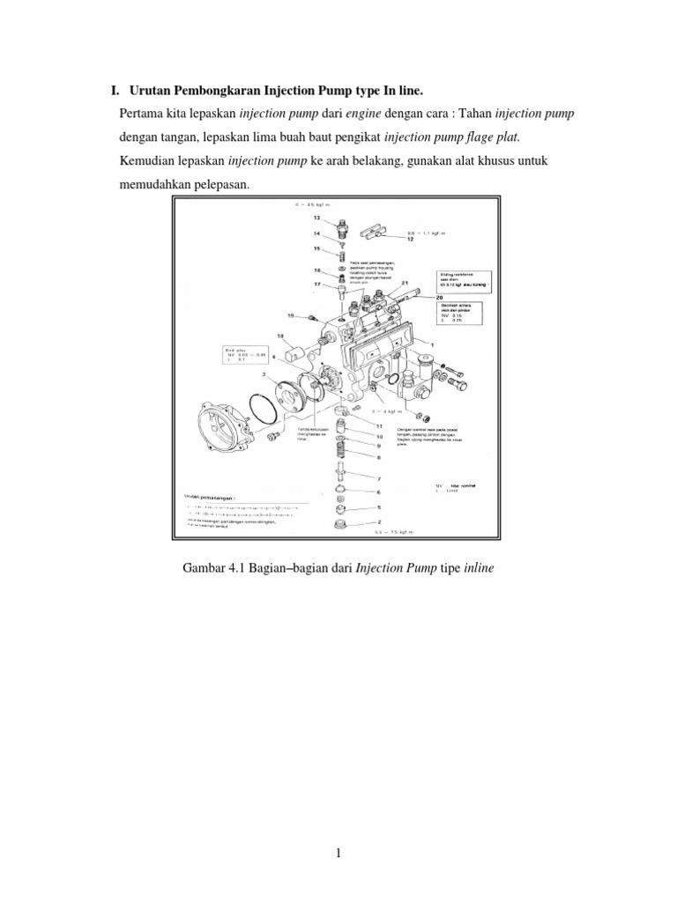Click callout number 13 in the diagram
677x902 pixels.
pyautogui.click(x=316, y=217)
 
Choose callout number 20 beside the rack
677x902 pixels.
pyautogui.click(x=438, y=298)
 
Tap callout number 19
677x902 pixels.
pyautogui.click(x=289, y=314)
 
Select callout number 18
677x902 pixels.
pyautogui.click(x=279, y=336)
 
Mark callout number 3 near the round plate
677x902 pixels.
pyautogui.click(x=262, y=374)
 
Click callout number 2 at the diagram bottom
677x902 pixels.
pyautogui.click(x=380, y=522)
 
